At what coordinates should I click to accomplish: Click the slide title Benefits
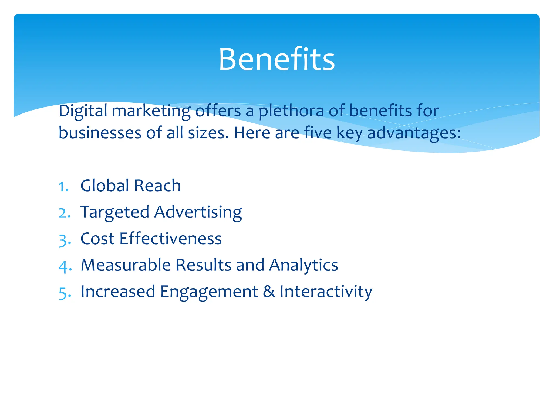coord(276,59)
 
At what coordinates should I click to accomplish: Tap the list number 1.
coord(64,186)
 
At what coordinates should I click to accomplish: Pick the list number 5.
coord(65,292)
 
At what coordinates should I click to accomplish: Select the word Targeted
coord(115,212)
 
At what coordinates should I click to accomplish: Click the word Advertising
coord(198,212)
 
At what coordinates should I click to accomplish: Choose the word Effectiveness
coord(170,239)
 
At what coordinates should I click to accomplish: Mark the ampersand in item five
coord(269,292)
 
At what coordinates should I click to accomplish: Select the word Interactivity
coord(326,292)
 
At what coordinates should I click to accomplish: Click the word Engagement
coord(209,292)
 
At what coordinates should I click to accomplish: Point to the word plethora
coord(291,111)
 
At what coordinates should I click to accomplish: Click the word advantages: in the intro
coord(414,133)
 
